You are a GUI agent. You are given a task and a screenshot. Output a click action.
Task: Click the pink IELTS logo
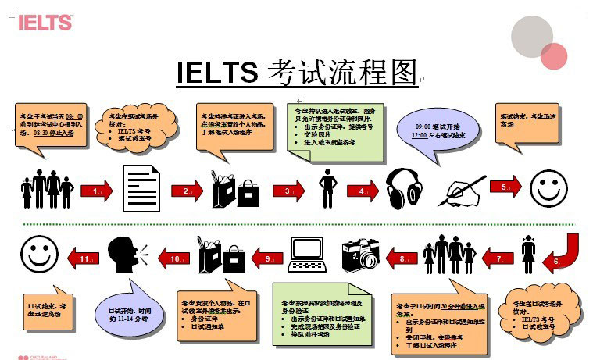(x=45, y=22)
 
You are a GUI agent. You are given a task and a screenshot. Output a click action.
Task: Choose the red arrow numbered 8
(x=402, y=257)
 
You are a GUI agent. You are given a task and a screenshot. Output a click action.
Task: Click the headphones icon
(x=405, y=187)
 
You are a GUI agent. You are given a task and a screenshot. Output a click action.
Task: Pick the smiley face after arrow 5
(x=548, y=188)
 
